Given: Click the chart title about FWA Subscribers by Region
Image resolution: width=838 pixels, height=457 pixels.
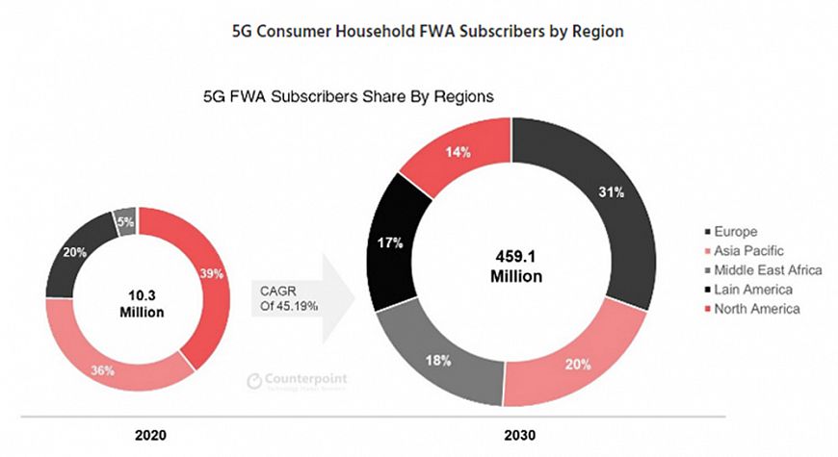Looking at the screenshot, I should point(429,32).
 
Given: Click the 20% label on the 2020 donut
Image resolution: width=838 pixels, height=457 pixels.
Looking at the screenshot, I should point(72,250).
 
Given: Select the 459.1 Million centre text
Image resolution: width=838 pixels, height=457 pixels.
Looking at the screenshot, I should point(511,267).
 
